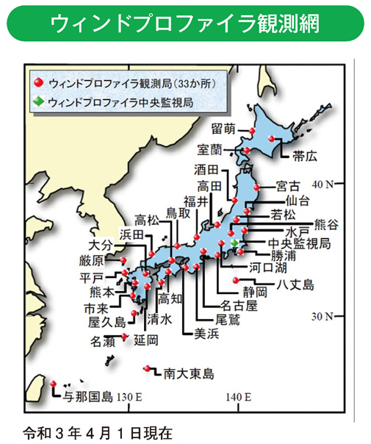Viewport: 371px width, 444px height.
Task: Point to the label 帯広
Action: (x=304, y=155)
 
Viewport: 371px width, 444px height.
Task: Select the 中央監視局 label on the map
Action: (x=300, y=243)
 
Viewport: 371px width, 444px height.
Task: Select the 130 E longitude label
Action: (x=128, y=397)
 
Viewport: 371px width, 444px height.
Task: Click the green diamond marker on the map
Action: (x=234, y=243)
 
